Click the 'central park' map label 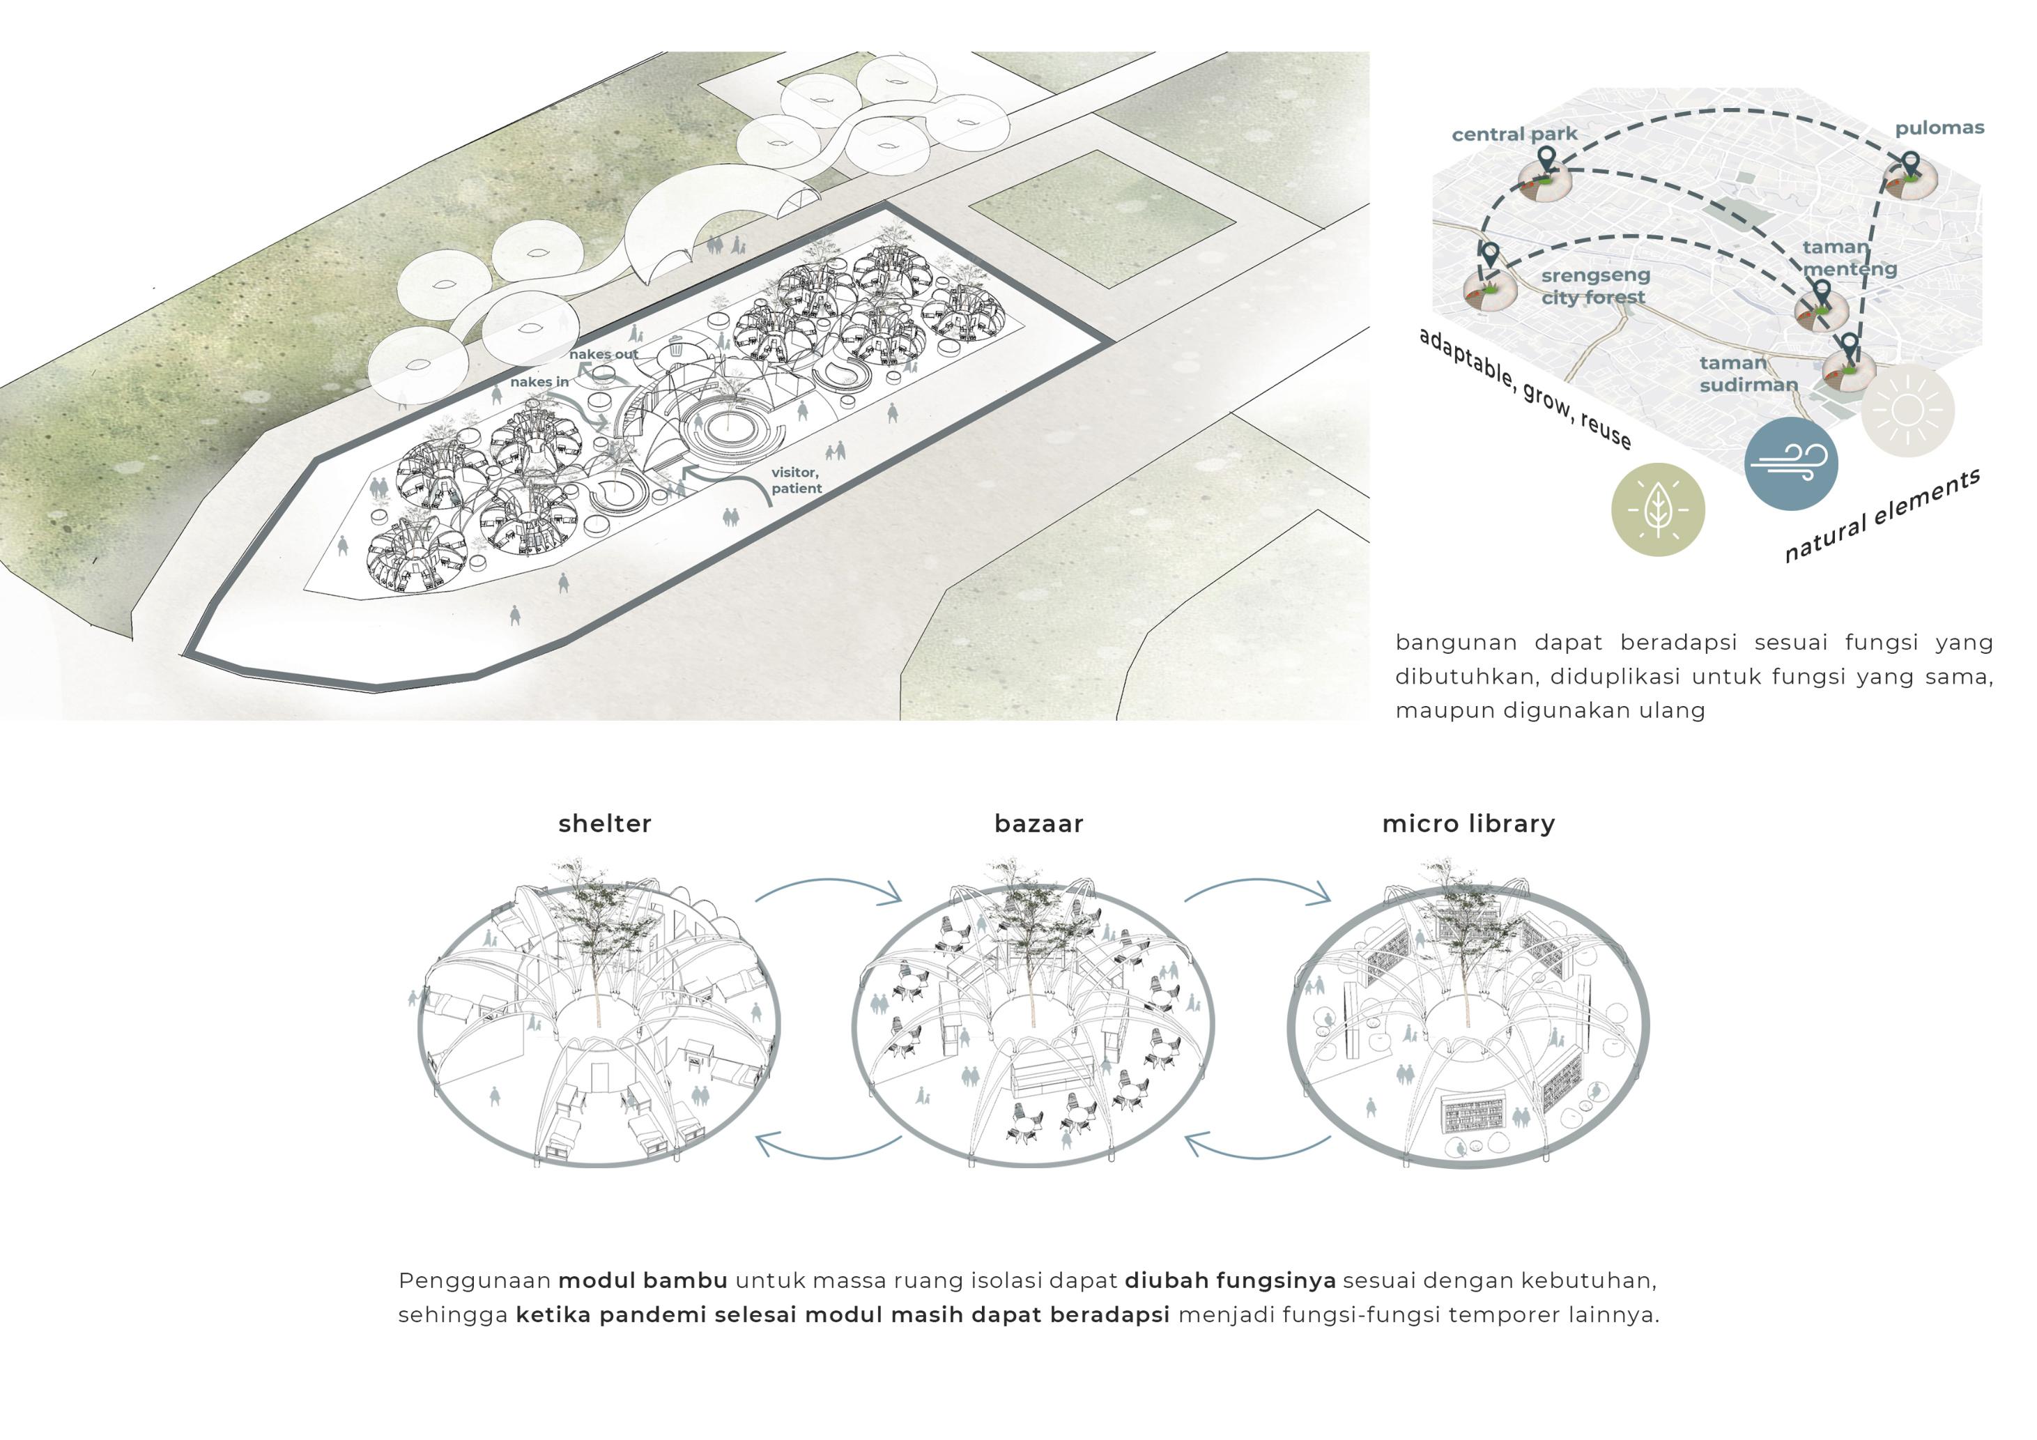click(1514, 134)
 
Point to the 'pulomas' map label click(1939, 128)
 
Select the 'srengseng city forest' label click(1594, 286)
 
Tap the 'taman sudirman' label click(1748, 374)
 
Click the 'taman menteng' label click(1849, 258)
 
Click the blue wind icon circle click(1790, 463)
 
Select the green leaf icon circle click(1657, 510)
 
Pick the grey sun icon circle click(1907, 410)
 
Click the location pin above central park click(1546, 160)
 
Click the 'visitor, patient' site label click(796, 480)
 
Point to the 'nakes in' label click(539, 381)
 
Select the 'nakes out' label click(604, 354)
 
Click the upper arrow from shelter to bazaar click(829, 888)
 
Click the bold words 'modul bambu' click(643, 1280)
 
